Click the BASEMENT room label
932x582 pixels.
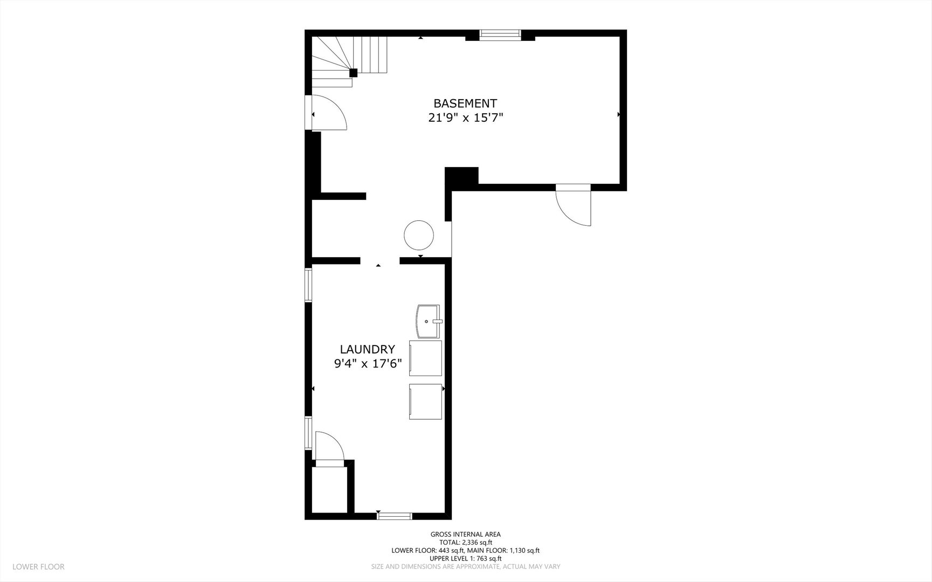pos(465,103)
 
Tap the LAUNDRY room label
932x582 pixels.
pos(367,349)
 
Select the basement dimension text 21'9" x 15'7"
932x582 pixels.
pos(465,117)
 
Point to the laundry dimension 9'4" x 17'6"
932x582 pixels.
pos(368,364)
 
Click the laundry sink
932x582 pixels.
pos(429,321)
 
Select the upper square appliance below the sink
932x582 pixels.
pos(425,358)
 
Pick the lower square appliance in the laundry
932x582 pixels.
pos(425,401)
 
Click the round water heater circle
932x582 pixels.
pos(419,235)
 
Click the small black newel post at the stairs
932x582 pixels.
pos(353,73)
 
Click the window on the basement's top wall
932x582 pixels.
pos(500,35)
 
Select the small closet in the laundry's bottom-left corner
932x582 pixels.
pos(329,490)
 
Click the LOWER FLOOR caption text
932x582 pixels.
pos(38,566)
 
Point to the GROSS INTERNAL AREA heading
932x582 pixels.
pos(465,535)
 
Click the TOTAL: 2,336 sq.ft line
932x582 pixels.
pos(466,543)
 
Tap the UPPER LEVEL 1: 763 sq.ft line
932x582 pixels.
pos(466,558)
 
